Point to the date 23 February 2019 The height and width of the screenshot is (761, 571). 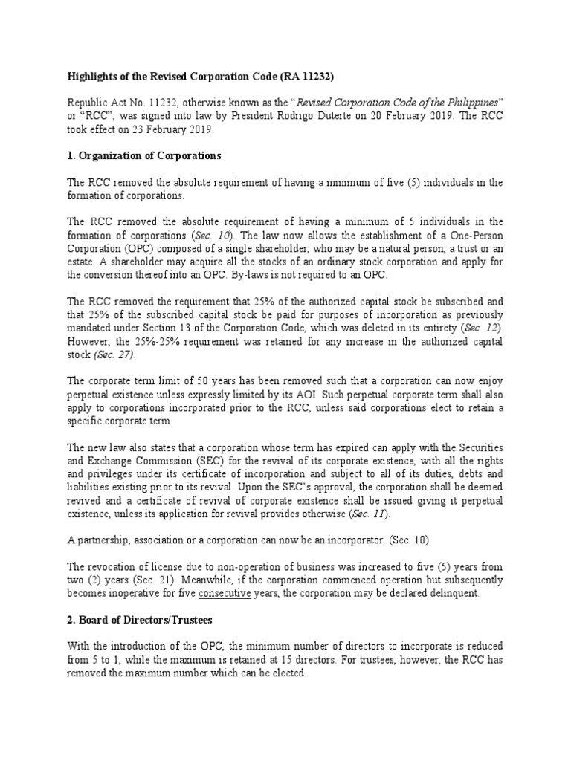[x=167, y=128]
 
